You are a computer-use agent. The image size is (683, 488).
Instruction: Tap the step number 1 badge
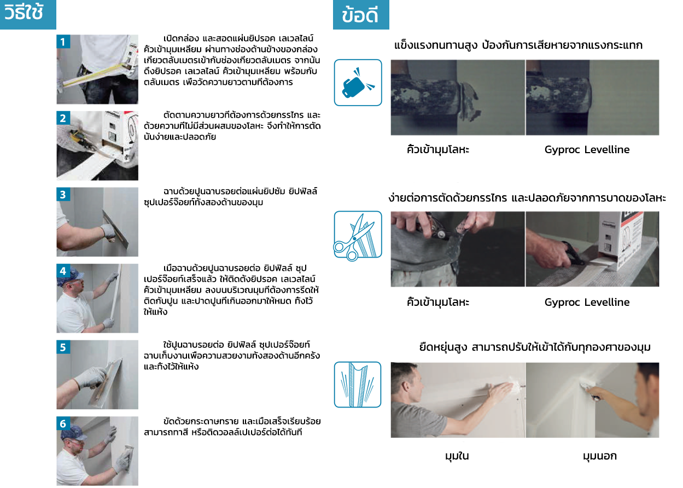tap(63, 42)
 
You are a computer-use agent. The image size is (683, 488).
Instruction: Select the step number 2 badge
tap(63, 118)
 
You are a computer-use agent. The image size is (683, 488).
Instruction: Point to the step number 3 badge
tap(63, 194)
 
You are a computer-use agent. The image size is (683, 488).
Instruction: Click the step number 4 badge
tap(63, 270)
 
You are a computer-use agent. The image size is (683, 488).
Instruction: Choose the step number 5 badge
tap(63, 346)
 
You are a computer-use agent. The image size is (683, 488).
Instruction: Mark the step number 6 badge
tap(63, 423)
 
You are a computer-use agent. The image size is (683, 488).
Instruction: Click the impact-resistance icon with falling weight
tap(358, 83)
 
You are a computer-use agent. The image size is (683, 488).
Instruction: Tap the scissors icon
tap(358, 235)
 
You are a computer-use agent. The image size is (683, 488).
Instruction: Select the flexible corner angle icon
tap(358, 384)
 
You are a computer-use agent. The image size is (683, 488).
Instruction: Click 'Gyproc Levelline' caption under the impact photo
tap(587, 150)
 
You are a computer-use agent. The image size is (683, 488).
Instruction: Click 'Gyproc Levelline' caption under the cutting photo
tap(587, 303)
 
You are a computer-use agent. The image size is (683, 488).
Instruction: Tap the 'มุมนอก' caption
tap(599, 456)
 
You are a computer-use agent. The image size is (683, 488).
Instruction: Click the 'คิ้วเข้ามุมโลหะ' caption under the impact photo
tap(438, 150)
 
